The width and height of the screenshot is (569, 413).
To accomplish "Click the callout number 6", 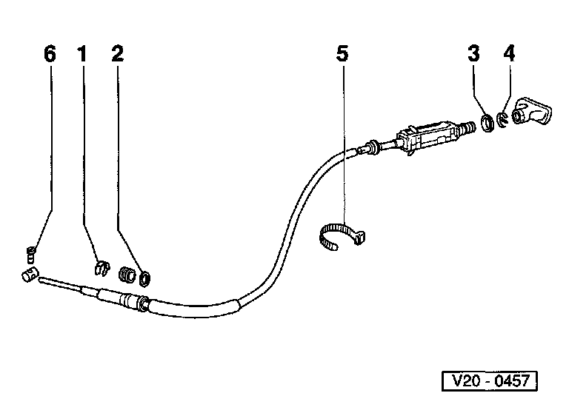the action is pyautogui.click(x=50, y=54).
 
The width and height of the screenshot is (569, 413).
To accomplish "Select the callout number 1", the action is pyautogui.click(x=82, y=54).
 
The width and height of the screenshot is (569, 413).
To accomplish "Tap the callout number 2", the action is pyautogui.click(x=118, y=54).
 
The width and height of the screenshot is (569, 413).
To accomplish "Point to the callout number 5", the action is pyautogui.click(x=341, y=54).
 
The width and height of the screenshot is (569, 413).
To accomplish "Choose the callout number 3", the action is pyautogui.click(x=474, y=54).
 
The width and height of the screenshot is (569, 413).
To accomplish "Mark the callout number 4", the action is pyautogui.click(x=508, y=54).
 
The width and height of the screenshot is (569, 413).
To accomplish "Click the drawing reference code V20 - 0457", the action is pyautogui.click(x=489, y=382).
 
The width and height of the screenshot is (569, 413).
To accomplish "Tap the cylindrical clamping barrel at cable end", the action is pyautogui.click(x=28, y=277).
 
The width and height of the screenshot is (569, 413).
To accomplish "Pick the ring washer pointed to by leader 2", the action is pyautogui.click(x=145, y=278).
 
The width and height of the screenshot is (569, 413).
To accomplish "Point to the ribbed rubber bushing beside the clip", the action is pyautogui.click(x=127, y=275).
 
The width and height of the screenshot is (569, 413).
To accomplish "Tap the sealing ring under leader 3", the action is pyautogui.click(x=488, y=123).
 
